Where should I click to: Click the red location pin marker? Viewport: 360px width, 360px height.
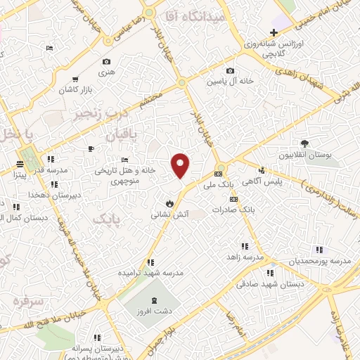point(181,165)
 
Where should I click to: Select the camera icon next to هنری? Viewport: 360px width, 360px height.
point(106,62)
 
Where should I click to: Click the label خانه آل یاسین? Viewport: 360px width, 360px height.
point(229,82)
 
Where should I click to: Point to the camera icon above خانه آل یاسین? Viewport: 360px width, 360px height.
point(230,70)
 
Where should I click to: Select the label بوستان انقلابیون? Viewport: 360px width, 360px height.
point(305,155)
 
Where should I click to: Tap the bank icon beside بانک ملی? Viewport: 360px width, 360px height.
point(218,174)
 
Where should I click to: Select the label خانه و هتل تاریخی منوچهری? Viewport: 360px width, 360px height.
point(125,175)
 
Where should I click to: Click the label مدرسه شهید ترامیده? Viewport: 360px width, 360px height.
point(150,272)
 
